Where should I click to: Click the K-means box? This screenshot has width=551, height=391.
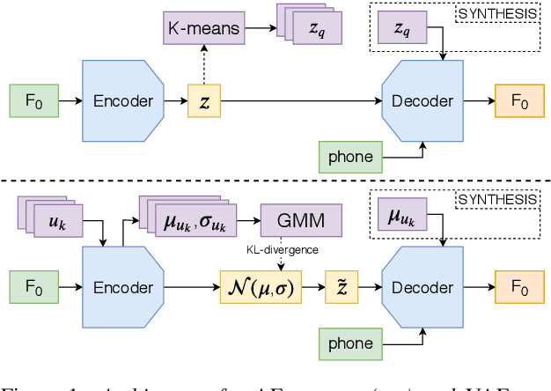click(x=203, y=29)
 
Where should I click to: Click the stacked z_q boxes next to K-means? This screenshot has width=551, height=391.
click(x=312, y=29)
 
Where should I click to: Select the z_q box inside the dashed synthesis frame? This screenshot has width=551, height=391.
click(x=400, y=30)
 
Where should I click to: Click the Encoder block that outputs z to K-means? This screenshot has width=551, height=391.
click(x=122, y=101)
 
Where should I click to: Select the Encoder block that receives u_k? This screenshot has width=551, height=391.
click(x=122, y=287)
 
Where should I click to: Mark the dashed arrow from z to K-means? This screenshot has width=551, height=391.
click(x=204, y=65)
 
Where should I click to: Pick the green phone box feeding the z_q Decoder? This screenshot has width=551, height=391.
click(x=350, y=158)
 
